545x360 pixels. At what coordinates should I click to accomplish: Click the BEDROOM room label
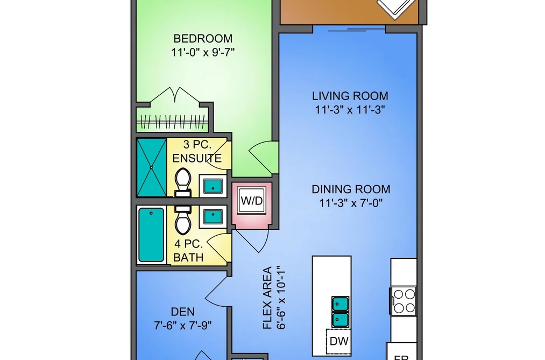(203, 38)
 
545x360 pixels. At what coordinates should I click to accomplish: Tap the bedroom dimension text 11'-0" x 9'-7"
(203, 53)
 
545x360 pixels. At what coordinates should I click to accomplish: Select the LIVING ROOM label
(350, 96)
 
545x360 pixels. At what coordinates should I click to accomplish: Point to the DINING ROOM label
(351, 189)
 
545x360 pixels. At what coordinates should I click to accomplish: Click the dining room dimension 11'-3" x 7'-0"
(351, 203)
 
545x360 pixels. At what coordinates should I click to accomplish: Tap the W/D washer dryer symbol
(252, 201)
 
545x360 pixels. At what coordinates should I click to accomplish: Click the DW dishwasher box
(338, 341)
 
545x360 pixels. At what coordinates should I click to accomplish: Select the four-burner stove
(404, 301)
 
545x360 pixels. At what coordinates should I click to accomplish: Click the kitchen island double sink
(340, 312)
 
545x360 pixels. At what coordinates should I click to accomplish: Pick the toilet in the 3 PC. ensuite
(183, 182)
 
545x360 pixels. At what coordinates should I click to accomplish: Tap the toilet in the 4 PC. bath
(183, 220)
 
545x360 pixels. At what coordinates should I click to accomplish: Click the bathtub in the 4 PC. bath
(151, 235)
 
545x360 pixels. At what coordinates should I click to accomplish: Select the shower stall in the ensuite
(152, 167)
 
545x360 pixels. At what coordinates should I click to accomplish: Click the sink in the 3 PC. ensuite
(213, 186)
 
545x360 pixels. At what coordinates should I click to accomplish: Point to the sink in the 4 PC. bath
(213, 217)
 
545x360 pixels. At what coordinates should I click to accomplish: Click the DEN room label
(183, 312)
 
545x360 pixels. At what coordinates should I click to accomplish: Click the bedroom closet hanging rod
(172, 122)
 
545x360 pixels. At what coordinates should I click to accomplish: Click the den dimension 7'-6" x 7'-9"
(183, 326)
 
